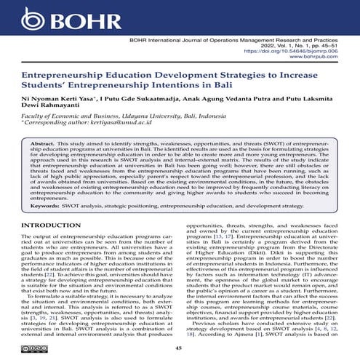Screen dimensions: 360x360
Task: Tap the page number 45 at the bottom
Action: pos(179,348)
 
